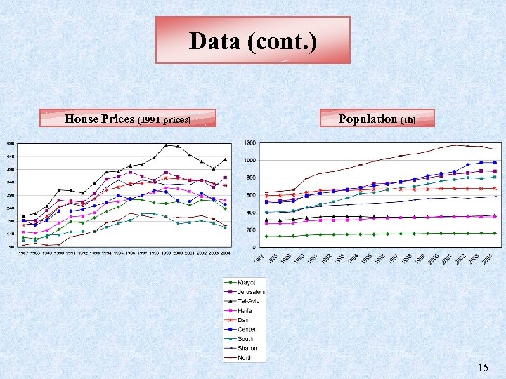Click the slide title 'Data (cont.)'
point(253,41)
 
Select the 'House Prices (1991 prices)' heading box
point(127,119)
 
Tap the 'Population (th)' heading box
point(377,119)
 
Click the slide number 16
point(482,368)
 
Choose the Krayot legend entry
point(245,282)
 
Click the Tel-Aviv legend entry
point(247,301)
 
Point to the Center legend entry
point(245,329)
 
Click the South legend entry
point(244,339)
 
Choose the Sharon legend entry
point(245,348)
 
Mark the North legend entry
point(244,357)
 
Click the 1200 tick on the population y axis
point(249,143)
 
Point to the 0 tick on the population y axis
point(253,248)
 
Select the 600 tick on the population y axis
point(250,195)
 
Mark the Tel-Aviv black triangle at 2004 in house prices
point(225,159)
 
